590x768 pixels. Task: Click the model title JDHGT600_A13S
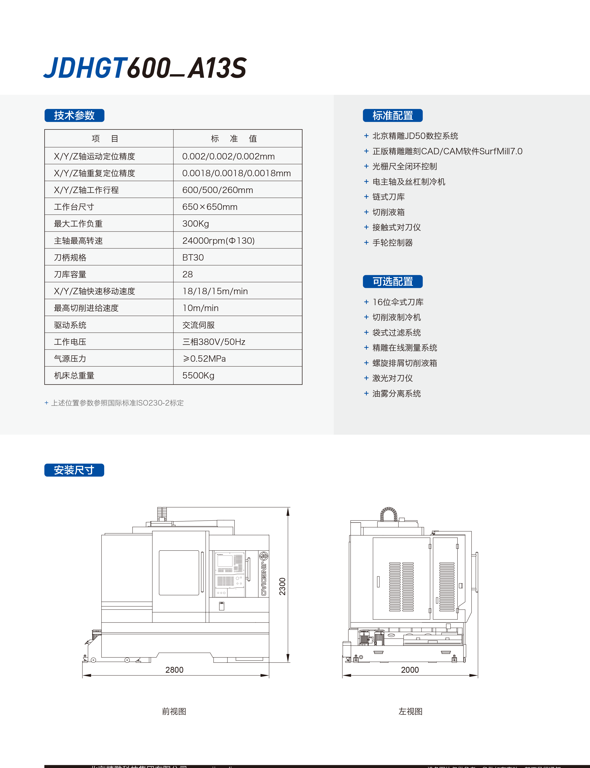coord(145,68)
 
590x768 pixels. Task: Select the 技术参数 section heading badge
coord(74,116)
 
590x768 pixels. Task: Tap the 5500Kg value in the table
coord(198,375)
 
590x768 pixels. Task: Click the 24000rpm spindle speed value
coord(218,241)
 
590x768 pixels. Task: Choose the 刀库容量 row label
coord(70,274)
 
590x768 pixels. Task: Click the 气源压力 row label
coord(70,359)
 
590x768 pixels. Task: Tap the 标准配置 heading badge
coord(393,116)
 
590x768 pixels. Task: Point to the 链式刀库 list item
coord(388,197)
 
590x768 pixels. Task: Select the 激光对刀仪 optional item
coord(392,378)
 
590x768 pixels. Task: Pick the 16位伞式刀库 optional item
coord(398,302)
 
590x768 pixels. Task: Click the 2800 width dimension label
coord(174,670)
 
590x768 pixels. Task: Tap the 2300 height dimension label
coord(282,586)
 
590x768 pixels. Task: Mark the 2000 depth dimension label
coord(410,670)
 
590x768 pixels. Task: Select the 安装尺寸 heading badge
coord(74,470)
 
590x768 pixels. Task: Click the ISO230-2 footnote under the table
coord(117,403)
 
